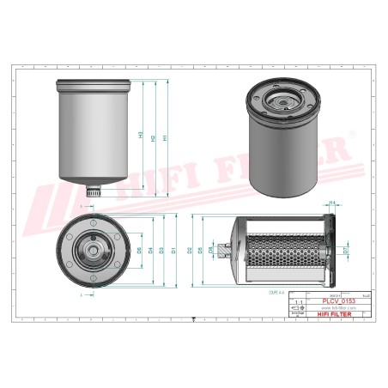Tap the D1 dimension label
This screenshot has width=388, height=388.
[174, 250]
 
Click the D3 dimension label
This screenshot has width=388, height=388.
[162, 250]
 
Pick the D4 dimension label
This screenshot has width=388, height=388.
[151, 250]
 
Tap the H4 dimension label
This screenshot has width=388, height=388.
[331, 203]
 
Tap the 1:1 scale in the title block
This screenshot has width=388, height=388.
[299, 302]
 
